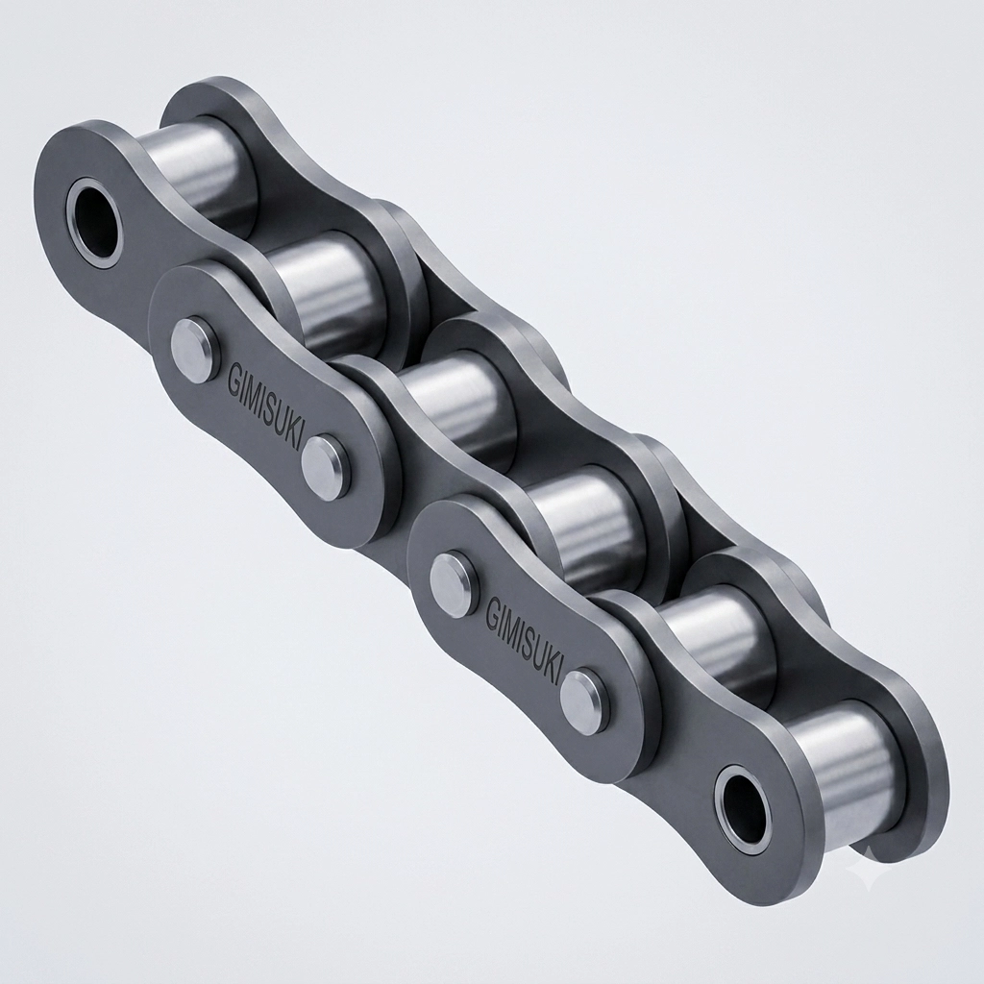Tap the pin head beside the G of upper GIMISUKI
[190, 346]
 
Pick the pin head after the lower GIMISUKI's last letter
[582, 698]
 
